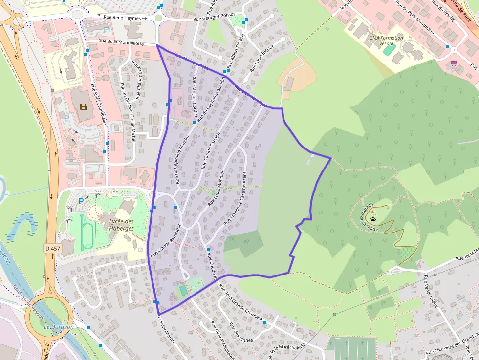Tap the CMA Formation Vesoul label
pyautogui.click(x=386, y=40)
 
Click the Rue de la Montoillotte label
pyautogui.click(x=121, y=43)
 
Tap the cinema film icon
pyautogui.click(x=83, y=106)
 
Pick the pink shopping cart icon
pyautogui.click(x=454, y=63)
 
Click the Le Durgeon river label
pyautogui.click(x=58, y=326)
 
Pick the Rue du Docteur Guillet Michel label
pyautogui.click(x=128, y=113)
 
